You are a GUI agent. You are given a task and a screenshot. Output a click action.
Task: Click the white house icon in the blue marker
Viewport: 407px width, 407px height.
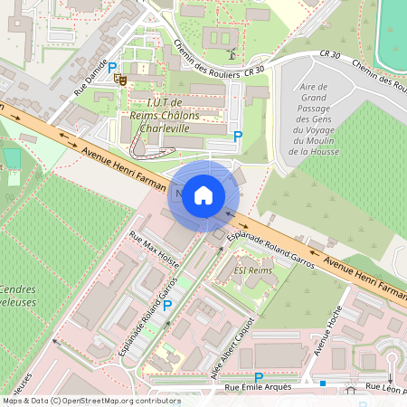tap(203, 194)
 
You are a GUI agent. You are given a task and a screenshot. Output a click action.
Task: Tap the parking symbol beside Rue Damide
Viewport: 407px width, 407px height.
tap(112, 67)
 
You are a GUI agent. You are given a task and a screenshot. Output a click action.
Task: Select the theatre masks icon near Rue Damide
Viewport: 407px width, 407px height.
tap(119, 80)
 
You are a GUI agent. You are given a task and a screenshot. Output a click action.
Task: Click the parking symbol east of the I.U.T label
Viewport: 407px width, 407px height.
tap(238, 136)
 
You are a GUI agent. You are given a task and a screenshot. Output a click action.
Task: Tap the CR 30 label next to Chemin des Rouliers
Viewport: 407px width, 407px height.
tap(253, 70)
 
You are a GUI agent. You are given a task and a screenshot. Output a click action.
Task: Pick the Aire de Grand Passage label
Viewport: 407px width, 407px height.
tap(312, 118)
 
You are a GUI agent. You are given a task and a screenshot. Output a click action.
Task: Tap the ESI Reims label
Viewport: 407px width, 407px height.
tap(252, 270)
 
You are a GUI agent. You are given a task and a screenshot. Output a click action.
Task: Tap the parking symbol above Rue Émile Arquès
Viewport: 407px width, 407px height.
tap(259, 377)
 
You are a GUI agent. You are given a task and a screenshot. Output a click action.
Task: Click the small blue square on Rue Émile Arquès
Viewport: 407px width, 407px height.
tap(322, 383)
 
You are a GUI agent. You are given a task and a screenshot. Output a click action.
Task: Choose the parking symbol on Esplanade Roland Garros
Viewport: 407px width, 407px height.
tap(166, 305)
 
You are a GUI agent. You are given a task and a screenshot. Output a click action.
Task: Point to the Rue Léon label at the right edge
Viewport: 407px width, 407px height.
tap(384, 388)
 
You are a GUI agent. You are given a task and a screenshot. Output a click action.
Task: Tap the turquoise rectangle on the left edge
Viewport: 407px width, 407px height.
tap(10, 158)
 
